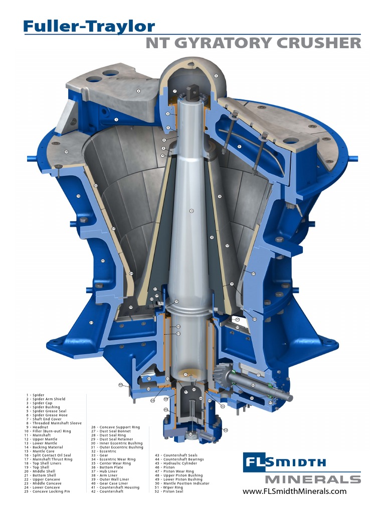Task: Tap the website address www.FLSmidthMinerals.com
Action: [x=294, y=491]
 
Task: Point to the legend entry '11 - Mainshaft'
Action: [x=44, y=435]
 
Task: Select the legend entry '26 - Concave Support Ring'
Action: [x=115, y=427]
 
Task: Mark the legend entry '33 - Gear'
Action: [x=100, y=455]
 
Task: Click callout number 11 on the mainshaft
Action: [x=191, y=211]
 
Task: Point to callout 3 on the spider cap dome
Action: [x=216, y=76]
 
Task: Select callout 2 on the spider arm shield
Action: [x=138, y=91]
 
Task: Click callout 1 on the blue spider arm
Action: [x=116, y=119]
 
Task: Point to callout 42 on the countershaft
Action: [x=254, y=385]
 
